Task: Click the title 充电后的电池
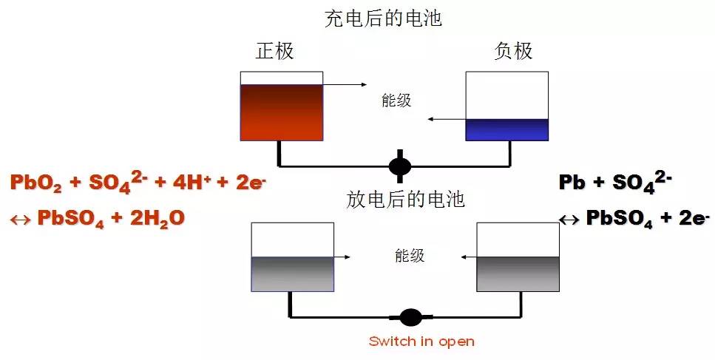tap(383, 18)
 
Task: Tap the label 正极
tap(274, 51)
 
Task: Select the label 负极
tap(513, 51)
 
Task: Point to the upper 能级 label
tap(396, 101)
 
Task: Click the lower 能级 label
tap(410, 256)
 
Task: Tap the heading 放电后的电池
tap(405, 199)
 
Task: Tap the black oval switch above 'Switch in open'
tap(410, 317)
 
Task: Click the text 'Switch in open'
tap(421, 342)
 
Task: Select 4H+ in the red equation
tap(194, 183)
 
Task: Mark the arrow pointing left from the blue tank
tap(447, 118)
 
